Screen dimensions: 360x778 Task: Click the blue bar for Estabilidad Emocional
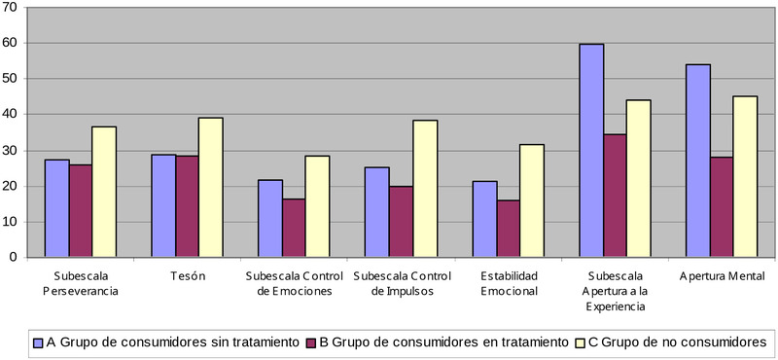[484, 219]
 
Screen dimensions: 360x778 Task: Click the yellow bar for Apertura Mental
[745, 176]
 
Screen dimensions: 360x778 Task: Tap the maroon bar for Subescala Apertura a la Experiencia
[615, 196]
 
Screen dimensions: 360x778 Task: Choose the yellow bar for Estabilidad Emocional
[531, 200]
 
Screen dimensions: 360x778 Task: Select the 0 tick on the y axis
[20, 257]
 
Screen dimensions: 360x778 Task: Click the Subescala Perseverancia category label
[80, 282]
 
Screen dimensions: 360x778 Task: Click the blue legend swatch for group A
[38, 342]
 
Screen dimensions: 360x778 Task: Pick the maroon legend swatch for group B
[311, 342]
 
